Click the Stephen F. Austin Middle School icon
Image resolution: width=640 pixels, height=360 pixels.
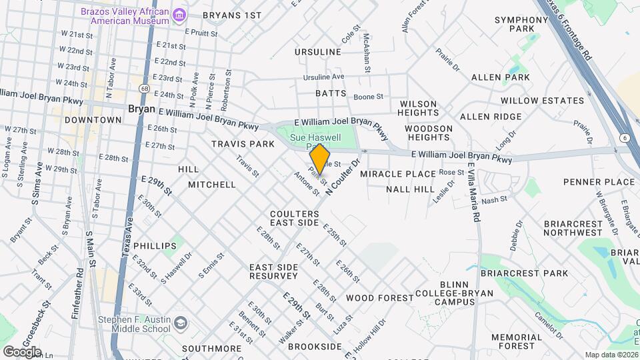click(180, 325)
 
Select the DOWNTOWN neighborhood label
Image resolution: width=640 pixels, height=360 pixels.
click(93, 120)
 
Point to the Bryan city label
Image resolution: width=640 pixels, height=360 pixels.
click(141, 108)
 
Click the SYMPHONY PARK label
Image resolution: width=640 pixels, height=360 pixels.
click(521, 24)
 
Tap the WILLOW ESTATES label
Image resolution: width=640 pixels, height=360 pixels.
click(542, 101)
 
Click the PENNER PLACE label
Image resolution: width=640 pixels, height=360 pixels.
click(599, 182)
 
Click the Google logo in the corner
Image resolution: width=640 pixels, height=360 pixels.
click(21, 351)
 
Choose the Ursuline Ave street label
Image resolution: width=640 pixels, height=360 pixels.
click(323, 77)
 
